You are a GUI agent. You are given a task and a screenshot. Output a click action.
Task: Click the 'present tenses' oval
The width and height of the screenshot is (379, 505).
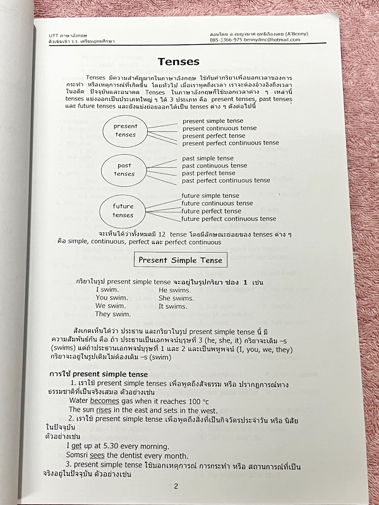click(126, 131)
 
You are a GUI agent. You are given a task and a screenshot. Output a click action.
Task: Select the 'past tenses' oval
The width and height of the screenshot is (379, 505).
click(124, 170)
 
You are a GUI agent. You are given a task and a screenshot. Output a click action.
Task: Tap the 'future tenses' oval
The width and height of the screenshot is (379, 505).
click(123, 210)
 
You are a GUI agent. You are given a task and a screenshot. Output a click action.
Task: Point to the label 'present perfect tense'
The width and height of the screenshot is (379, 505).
click(214, 136)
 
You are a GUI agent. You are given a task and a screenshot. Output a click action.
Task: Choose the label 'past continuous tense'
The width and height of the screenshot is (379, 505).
click(214, 166)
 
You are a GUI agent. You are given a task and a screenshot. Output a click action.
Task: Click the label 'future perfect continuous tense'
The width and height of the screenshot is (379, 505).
click(229, 219)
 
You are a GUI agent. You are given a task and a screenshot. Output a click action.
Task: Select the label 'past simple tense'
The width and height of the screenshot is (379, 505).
click(207, 158)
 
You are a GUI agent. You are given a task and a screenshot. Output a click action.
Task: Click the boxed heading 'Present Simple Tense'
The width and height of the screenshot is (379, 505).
click(180, 259)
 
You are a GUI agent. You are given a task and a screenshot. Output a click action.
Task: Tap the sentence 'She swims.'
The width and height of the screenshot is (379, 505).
click(176, 298)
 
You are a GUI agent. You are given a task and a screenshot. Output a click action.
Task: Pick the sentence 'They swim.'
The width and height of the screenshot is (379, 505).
click(112, 314)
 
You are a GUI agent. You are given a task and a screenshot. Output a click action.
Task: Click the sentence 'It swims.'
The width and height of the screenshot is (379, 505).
click(172, 306)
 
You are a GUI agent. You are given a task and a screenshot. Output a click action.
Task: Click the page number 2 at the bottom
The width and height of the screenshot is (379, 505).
click(176, 485)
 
